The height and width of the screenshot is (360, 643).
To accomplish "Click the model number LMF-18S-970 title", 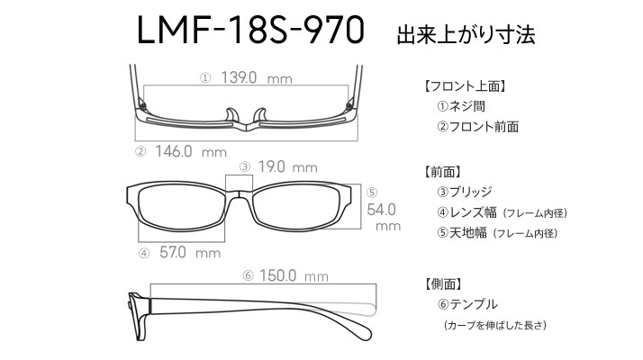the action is click(x=250, y=30).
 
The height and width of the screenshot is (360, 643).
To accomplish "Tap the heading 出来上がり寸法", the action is click(x=466, y=34).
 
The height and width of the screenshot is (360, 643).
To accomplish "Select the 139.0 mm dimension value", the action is click(x=257, y=77).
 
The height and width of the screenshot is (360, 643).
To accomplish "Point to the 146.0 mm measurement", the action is click(x=191, y=151).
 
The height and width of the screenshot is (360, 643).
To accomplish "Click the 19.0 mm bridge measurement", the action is click(x=287, y=166).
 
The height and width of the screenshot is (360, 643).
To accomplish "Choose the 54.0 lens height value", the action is click(x=381, y=210).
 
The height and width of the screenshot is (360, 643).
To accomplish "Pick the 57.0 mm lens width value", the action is click(x=190, y=252).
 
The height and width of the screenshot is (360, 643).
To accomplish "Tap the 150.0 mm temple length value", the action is click(x=294, y=275).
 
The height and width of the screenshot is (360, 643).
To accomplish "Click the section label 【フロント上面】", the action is click(x=464, y=86).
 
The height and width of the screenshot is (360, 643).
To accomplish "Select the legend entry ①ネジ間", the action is click(x=461, y=106).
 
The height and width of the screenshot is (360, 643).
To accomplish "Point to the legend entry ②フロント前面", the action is click(x=477, y=126).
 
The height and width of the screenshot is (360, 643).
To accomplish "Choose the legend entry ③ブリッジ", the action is click(x=464, y=192).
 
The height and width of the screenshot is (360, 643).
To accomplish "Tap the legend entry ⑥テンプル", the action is click(x=467, y=304).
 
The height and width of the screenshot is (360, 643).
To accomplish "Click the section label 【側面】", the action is click(x=442, y=283).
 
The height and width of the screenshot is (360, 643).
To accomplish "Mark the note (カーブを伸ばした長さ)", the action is click(x=495, y=325).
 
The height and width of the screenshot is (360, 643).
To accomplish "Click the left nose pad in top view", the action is click(x=231, y=115).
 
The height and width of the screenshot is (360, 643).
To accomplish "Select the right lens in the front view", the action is click(x=296, y=207).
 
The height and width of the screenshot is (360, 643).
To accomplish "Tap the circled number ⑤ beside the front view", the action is click(x=372, y=193).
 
